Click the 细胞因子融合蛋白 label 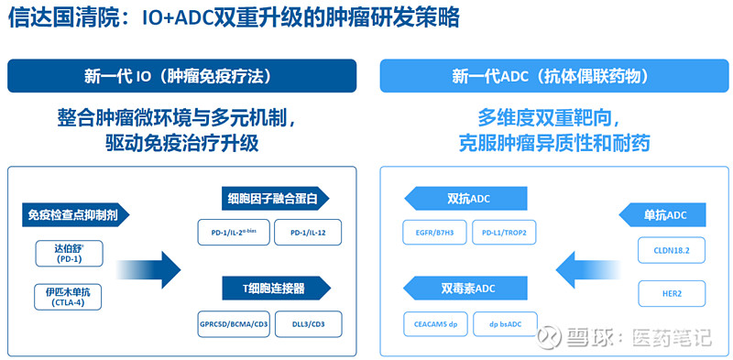[x=274, y=199]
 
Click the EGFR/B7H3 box [x=434, y=233]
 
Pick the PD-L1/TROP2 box [x=504, y=233]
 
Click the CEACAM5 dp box [x=434, y=323]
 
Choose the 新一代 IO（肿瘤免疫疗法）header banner [x=182, y=76]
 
